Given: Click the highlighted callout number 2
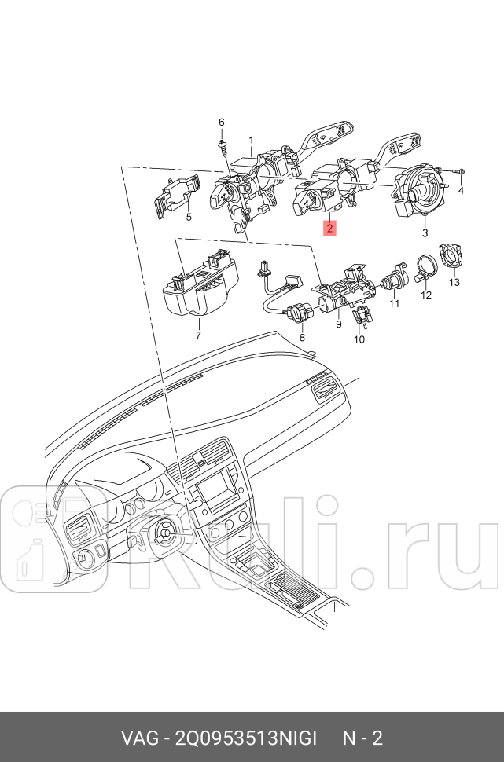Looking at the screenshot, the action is coord(329,228).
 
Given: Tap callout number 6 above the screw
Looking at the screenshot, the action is coord(222,122).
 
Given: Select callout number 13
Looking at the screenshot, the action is coord(454,282).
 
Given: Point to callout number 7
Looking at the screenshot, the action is coord(198,335).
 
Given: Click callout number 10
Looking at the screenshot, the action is coord(359,339).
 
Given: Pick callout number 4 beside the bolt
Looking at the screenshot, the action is coord(461,190).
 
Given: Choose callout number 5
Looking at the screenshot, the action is coord(189,217).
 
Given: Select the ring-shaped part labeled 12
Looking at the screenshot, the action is coord(425,269).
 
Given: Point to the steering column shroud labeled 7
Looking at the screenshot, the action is coord(200,285).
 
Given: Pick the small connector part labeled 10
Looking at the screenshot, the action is coord(362,316).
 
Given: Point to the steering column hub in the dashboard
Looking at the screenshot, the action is coord(164,533).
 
